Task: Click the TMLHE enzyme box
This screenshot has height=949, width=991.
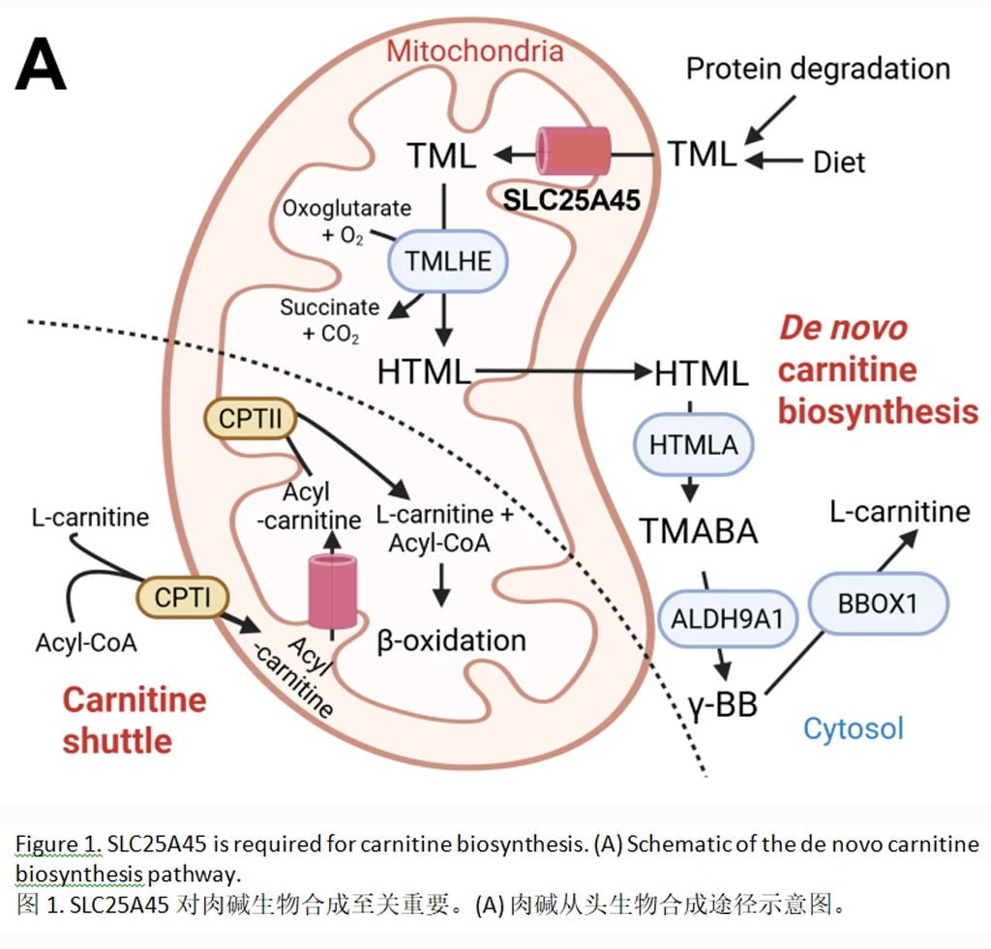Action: pos(448,259)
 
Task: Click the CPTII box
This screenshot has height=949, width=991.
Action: pos(250,419)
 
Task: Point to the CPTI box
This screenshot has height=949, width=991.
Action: pos(182,597)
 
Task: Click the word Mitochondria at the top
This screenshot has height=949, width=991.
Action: pos(474,50)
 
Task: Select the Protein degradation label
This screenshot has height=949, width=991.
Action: pos(817,69)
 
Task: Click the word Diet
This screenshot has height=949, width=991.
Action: pos(839,162)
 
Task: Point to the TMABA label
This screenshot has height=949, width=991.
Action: pos(697,531)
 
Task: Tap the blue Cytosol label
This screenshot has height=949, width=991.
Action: pos(854,727)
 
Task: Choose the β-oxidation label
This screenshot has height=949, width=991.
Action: pos(451,639)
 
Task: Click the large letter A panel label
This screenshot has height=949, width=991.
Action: pos(41,66)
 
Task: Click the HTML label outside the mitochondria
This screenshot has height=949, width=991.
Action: pos(701,373)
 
